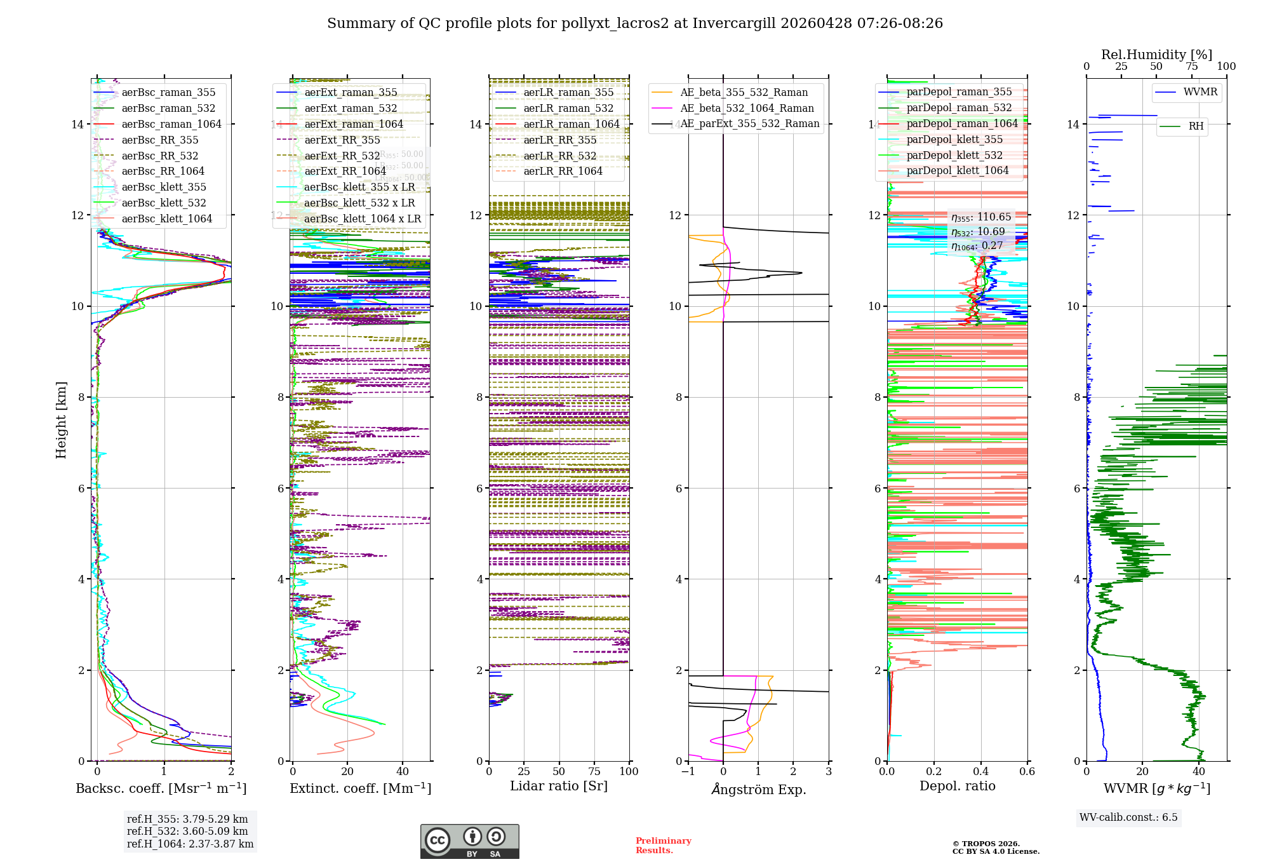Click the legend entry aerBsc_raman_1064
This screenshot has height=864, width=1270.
point(171,124)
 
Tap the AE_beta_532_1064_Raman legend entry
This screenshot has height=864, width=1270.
point(747,108)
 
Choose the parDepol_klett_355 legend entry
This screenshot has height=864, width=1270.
point(954,139)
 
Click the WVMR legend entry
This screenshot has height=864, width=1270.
point(1200,92)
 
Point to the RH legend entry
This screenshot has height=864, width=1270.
point(1196,126)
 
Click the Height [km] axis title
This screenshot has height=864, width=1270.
point(61,420)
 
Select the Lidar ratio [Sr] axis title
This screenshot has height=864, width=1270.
point(559,786)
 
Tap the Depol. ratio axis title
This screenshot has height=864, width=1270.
point(957,786)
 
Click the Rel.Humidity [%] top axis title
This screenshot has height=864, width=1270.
point(1156,55)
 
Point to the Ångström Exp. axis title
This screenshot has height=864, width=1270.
point(758,789)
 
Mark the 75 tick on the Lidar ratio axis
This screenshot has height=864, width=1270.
point(594,771)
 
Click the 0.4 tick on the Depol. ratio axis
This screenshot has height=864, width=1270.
point(980,771)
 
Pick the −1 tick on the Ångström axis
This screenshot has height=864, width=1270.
point(688,771)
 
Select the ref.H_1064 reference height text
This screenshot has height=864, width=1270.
point(190,844)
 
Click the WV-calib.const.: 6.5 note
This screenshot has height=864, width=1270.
point(1128,817)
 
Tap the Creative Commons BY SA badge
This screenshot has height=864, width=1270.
point(469,841)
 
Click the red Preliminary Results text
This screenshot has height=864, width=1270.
point(663,845)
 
